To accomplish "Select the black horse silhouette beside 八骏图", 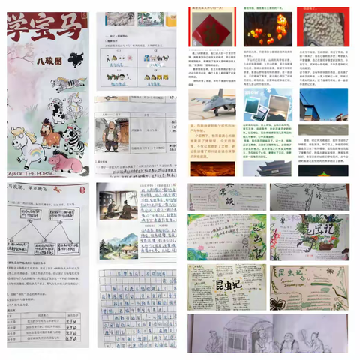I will (75, 58).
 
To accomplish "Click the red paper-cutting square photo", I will (211, 31).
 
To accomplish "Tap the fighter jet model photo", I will (212, 105).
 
